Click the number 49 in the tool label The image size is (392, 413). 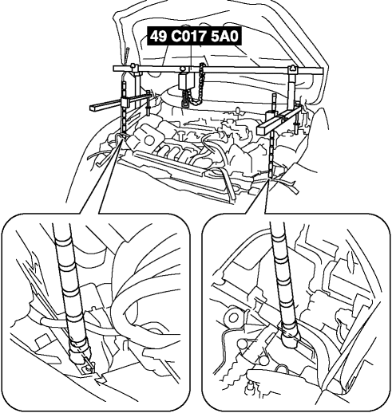158,36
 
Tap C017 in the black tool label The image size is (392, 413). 188,36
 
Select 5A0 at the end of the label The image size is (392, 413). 224,36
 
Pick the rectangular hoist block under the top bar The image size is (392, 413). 184,82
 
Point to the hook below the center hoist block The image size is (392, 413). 185,101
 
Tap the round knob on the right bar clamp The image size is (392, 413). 292,68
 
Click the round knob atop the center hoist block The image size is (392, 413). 184,69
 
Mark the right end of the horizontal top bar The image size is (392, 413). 323,72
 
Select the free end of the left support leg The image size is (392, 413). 92,107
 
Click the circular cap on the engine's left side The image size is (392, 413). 149,141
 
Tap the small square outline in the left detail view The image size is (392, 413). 42,341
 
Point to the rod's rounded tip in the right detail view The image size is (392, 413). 291,342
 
